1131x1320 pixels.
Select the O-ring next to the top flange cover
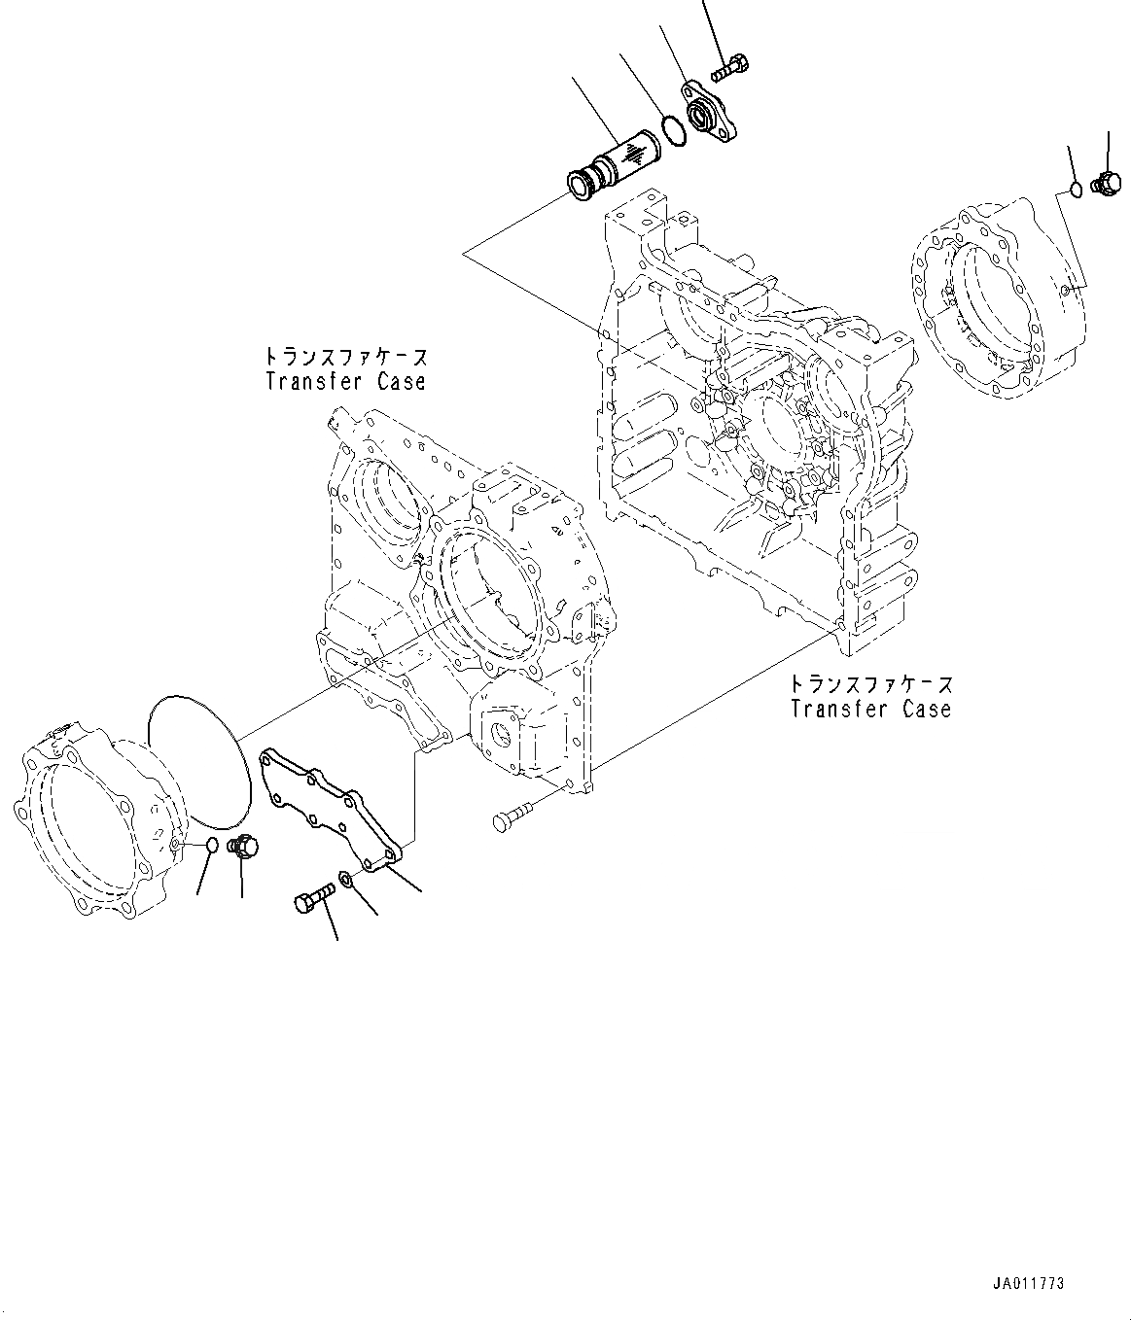(x=672, y=130)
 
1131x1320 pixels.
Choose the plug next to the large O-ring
(x=238, y=848)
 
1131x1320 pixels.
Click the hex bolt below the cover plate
(x=313, y=898)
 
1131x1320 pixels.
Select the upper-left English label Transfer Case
(x=345, y=381)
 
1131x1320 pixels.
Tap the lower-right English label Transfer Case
(x=870, y=709)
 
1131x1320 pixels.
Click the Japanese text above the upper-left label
(x=345, y=357)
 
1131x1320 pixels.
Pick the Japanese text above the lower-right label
(x=870, y=684)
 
